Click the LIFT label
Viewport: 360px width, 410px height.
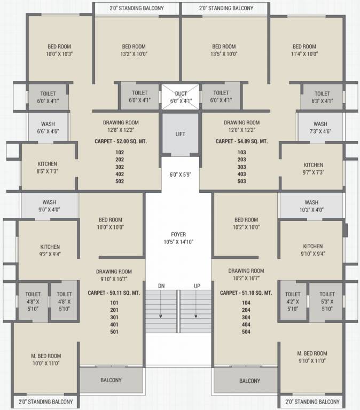(180, 134)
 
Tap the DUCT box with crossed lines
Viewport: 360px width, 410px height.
(181, 97)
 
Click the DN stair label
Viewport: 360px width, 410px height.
(161, 287)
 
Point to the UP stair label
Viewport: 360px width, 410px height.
(197, 287)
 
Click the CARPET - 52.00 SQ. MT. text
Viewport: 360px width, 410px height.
(121, 142)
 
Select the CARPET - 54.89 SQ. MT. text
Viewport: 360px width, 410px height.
(241, 142)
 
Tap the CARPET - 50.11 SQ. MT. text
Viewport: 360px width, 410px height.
(114, 293)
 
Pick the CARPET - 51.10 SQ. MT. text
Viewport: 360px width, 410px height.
(246, 293)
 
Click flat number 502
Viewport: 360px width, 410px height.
(119, 182)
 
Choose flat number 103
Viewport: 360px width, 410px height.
(241, 152)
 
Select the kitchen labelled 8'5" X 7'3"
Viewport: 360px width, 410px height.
(47, 168)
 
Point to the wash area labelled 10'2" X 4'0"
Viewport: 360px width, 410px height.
(311, 206)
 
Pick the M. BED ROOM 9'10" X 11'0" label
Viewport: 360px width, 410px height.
(312, 357)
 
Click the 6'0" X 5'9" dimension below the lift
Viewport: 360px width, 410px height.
(180, 174)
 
